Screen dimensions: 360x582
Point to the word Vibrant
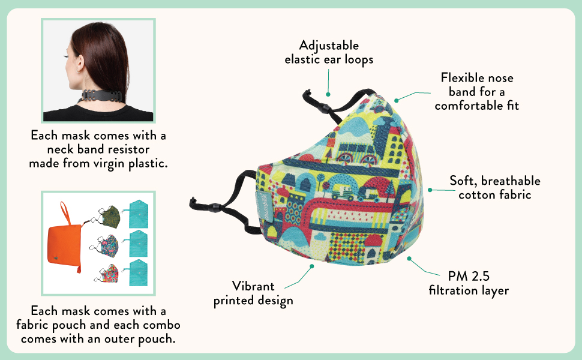(253, 286)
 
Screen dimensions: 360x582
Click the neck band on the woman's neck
(121, 96)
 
